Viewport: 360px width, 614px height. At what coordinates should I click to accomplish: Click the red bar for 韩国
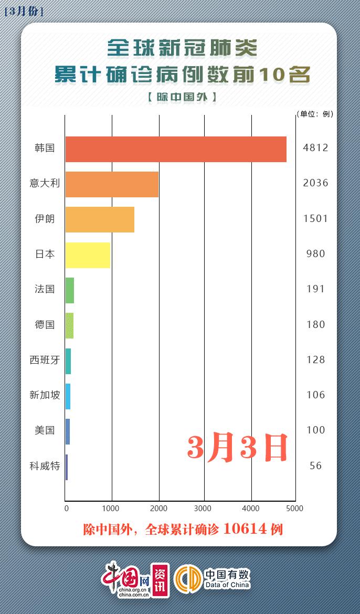pyautogui.click(x=176, y=149)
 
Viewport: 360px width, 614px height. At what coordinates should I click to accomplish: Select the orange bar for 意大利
pyautogui.click(x=112, y=184)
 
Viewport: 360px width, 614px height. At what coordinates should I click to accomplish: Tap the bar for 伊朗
pyautogui.click(x=100, y=219)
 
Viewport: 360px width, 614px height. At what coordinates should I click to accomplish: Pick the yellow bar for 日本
pyautogui.click(x=88, y=255)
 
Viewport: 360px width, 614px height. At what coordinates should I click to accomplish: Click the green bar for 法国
pyautogui.click(x=70, y=290)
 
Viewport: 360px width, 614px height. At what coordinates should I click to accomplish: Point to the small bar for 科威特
pyautogui.click(x=67, y=467)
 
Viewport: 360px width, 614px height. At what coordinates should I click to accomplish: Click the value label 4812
pyautogui.click(x=315, y=148)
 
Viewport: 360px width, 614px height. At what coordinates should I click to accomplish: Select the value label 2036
pyautogui.click(x=315, y=183)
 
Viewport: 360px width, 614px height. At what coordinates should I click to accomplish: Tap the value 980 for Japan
pyautogui.click(x=315, y=254)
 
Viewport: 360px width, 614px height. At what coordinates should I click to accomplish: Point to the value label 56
pyautogui.click(x=315, y=466)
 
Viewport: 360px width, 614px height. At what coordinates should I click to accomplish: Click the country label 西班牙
pyautogui.click(x=45, y=360)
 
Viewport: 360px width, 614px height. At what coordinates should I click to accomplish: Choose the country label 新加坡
pyautogui.click(x=45, y=395)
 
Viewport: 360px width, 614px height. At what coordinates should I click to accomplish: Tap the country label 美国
pyautogui.click(x=45, y=430)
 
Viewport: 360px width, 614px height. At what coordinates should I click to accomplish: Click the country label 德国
pyautogui.click(x=45, y=325)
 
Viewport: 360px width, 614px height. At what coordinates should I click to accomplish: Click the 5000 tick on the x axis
pyautogui.click(x=295, y=508)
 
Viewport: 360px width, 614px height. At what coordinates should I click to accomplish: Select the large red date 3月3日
pyautogui.click(x=238, y=447)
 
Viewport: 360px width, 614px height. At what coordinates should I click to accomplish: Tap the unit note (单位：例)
pyautogui.click(x=314, y=113)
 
